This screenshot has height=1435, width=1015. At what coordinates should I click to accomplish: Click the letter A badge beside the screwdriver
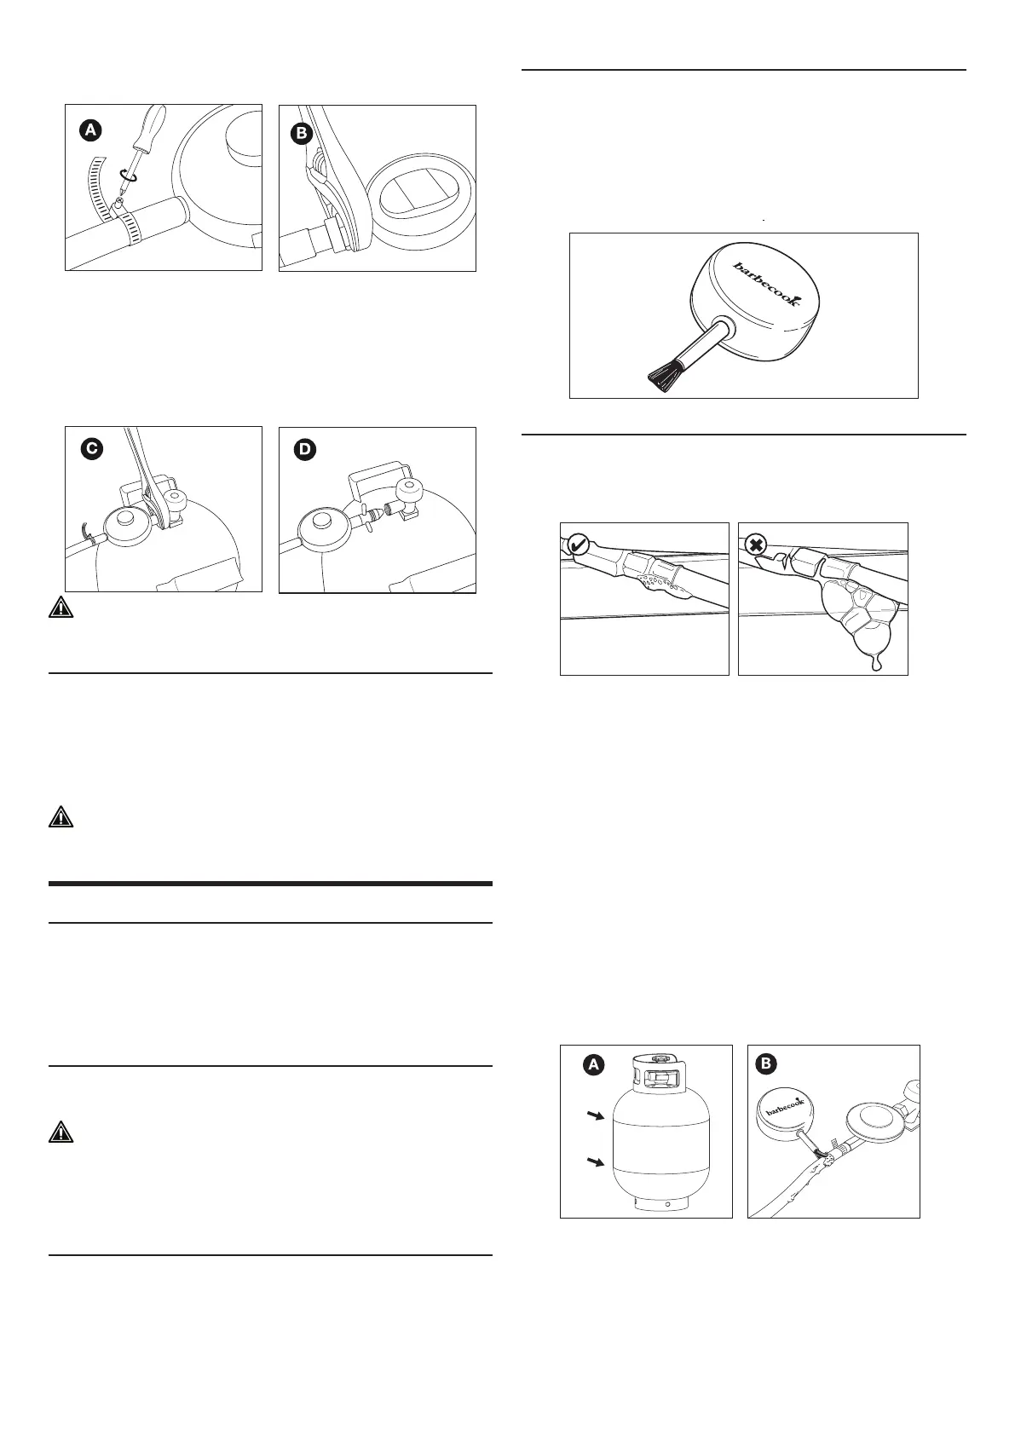[x=89, y=130]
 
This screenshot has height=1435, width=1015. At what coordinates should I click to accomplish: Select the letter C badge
[x=89, y=450]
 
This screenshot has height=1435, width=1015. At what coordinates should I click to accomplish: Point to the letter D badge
[x=303, y=450]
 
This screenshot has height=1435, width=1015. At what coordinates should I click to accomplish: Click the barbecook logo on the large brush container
[x=767, y=284]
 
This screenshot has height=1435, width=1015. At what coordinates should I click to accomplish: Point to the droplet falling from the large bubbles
[x=874, y=663]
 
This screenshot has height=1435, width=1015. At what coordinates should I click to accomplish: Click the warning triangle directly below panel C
[x=61, y=608]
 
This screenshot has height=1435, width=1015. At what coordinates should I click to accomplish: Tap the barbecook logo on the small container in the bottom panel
[x=784, y=1111]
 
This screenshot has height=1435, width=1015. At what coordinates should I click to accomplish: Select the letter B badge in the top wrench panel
[x=303, y=130]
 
